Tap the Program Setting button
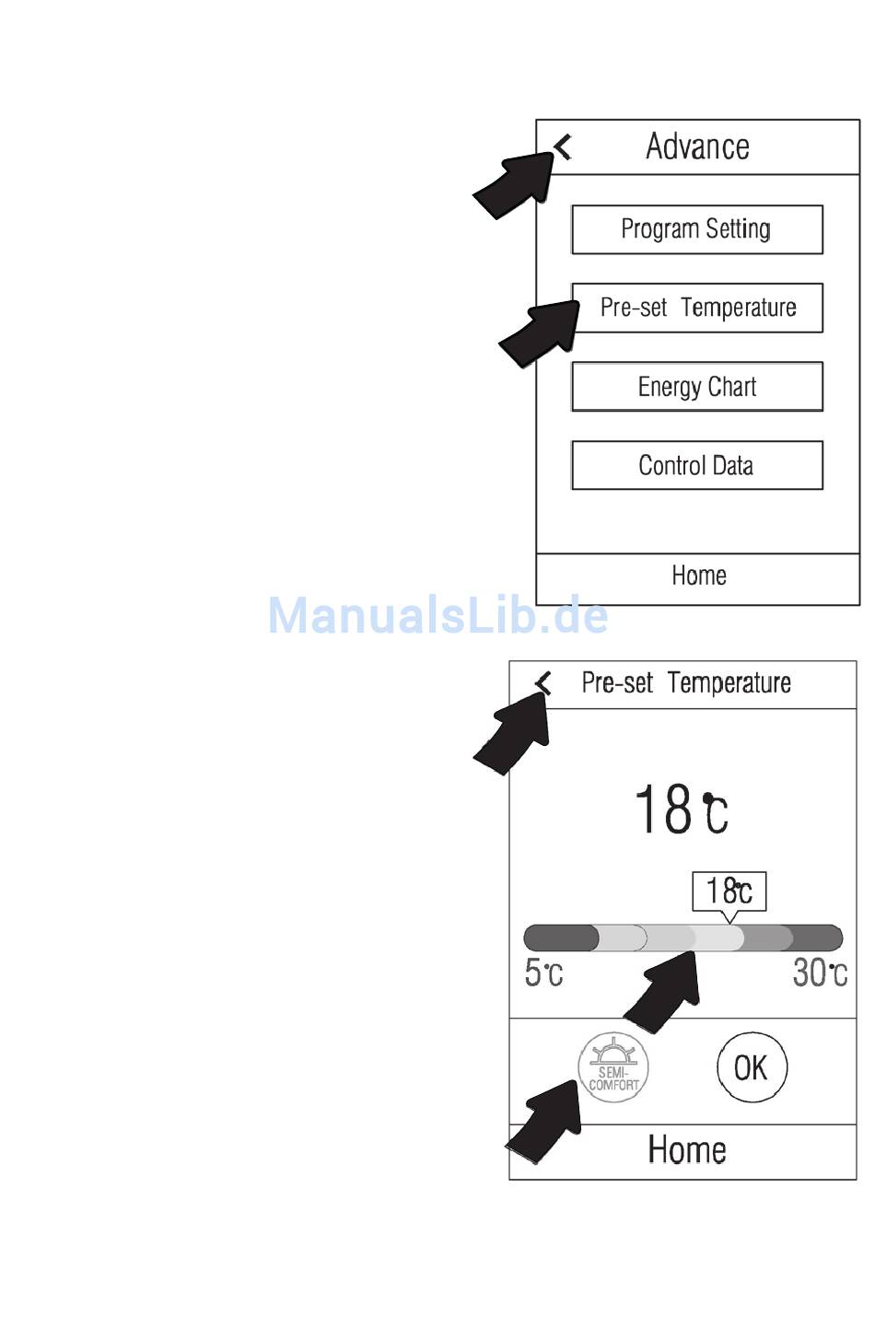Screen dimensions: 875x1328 tap(697, 229)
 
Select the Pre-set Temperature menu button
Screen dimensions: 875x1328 tap(697, 308)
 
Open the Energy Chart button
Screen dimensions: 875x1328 tap(697, 387)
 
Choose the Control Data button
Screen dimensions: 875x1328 tap(697, 465)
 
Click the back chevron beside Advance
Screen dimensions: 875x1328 tap(563, 147)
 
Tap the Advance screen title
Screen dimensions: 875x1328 tap(698, 146)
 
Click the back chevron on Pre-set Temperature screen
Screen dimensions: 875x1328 tap(543, 683)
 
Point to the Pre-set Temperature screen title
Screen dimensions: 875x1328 tap(686, 683)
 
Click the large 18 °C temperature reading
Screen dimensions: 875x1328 tap(682, 809)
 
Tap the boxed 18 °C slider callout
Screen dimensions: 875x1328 tap(729, 891)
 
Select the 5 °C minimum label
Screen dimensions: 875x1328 tap(543, 973)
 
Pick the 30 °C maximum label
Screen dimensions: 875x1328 tap(820, 973)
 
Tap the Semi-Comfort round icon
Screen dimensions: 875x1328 tap(613, 1067)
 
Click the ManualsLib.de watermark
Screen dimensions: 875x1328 tap(438, 615)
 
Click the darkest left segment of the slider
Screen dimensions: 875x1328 tap(560, 938)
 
